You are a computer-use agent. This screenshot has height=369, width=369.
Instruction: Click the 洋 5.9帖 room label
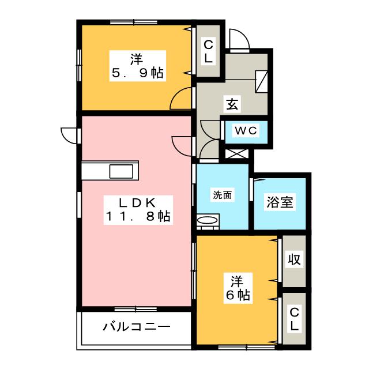(x=138, y=66)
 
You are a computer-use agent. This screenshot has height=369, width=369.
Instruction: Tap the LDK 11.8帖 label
(x=138, y=210)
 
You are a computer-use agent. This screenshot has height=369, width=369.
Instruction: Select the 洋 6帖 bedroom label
(x=238, y=288)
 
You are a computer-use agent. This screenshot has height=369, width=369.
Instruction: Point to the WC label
(x=246, y=130)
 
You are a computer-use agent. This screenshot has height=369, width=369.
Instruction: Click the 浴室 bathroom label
(x=280, y=202)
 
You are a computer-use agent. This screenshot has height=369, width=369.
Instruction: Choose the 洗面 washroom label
(x=223, y=195)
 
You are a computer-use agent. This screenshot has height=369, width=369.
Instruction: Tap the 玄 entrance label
(x=232, y=104)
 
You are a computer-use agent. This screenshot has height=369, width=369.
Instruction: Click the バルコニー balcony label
(x=137, y=327)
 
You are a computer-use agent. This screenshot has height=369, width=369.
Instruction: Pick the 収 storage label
(x=294, y=259)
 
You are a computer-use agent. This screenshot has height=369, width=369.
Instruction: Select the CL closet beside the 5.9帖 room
(x=208, y=51)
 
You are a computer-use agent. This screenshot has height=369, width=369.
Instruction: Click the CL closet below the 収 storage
(x=294, y=319)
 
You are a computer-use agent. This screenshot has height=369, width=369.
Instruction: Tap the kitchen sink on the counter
(x=121, y=171)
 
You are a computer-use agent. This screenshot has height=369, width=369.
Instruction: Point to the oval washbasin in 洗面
(x=208, y=220)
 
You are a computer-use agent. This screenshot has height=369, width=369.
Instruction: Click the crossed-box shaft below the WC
(x=237, y=154)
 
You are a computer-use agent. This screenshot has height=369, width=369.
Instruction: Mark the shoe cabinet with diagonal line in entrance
(x=261, y=81)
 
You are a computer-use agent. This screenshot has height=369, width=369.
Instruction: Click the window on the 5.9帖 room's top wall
(x=134, y=22)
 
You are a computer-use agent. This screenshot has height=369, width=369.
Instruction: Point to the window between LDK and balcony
(x=136, y=309)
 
